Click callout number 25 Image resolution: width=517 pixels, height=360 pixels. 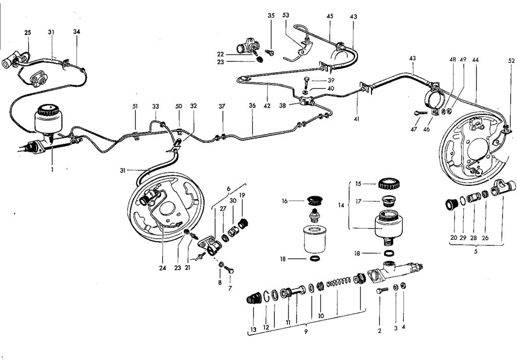point(27,32)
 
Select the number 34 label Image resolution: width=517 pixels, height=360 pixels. point(76,32)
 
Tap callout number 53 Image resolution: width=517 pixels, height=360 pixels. point(286,16)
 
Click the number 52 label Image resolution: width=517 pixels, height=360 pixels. point(511,61)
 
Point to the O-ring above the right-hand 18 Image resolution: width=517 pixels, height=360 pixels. point(388,252)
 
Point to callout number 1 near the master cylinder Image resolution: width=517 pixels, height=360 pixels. point(52,170)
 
